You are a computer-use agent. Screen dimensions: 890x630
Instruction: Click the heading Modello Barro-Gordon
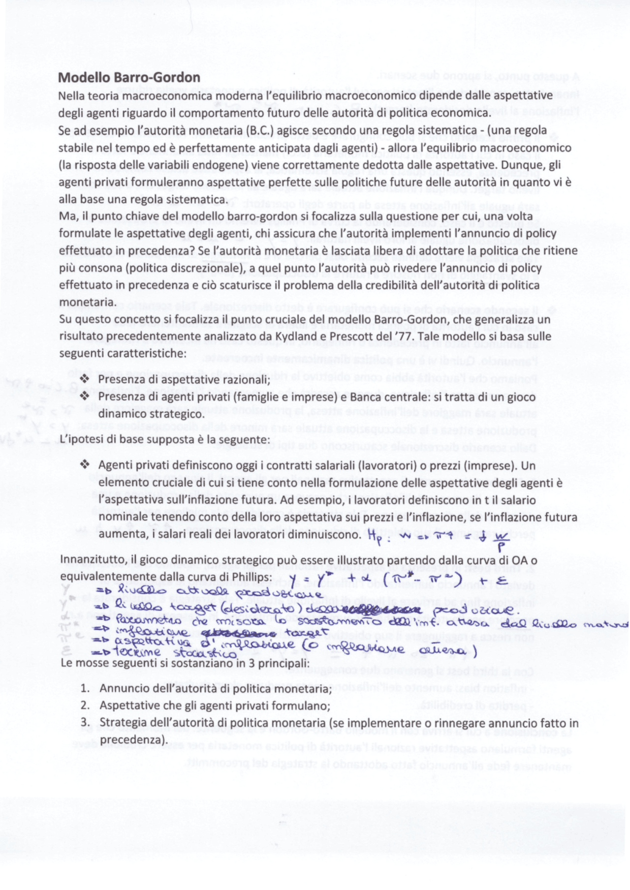click(129, 78)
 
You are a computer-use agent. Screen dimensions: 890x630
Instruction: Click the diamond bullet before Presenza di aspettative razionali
click(86, 379)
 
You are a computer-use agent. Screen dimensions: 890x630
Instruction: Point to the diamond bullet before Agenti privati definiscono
click(86, 464)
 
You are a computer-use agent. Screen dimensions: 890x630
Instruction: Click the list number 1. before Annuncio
click(85, 688)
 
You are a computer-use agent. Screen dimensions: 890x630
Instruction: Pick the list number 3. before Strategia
click(85, 723)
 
